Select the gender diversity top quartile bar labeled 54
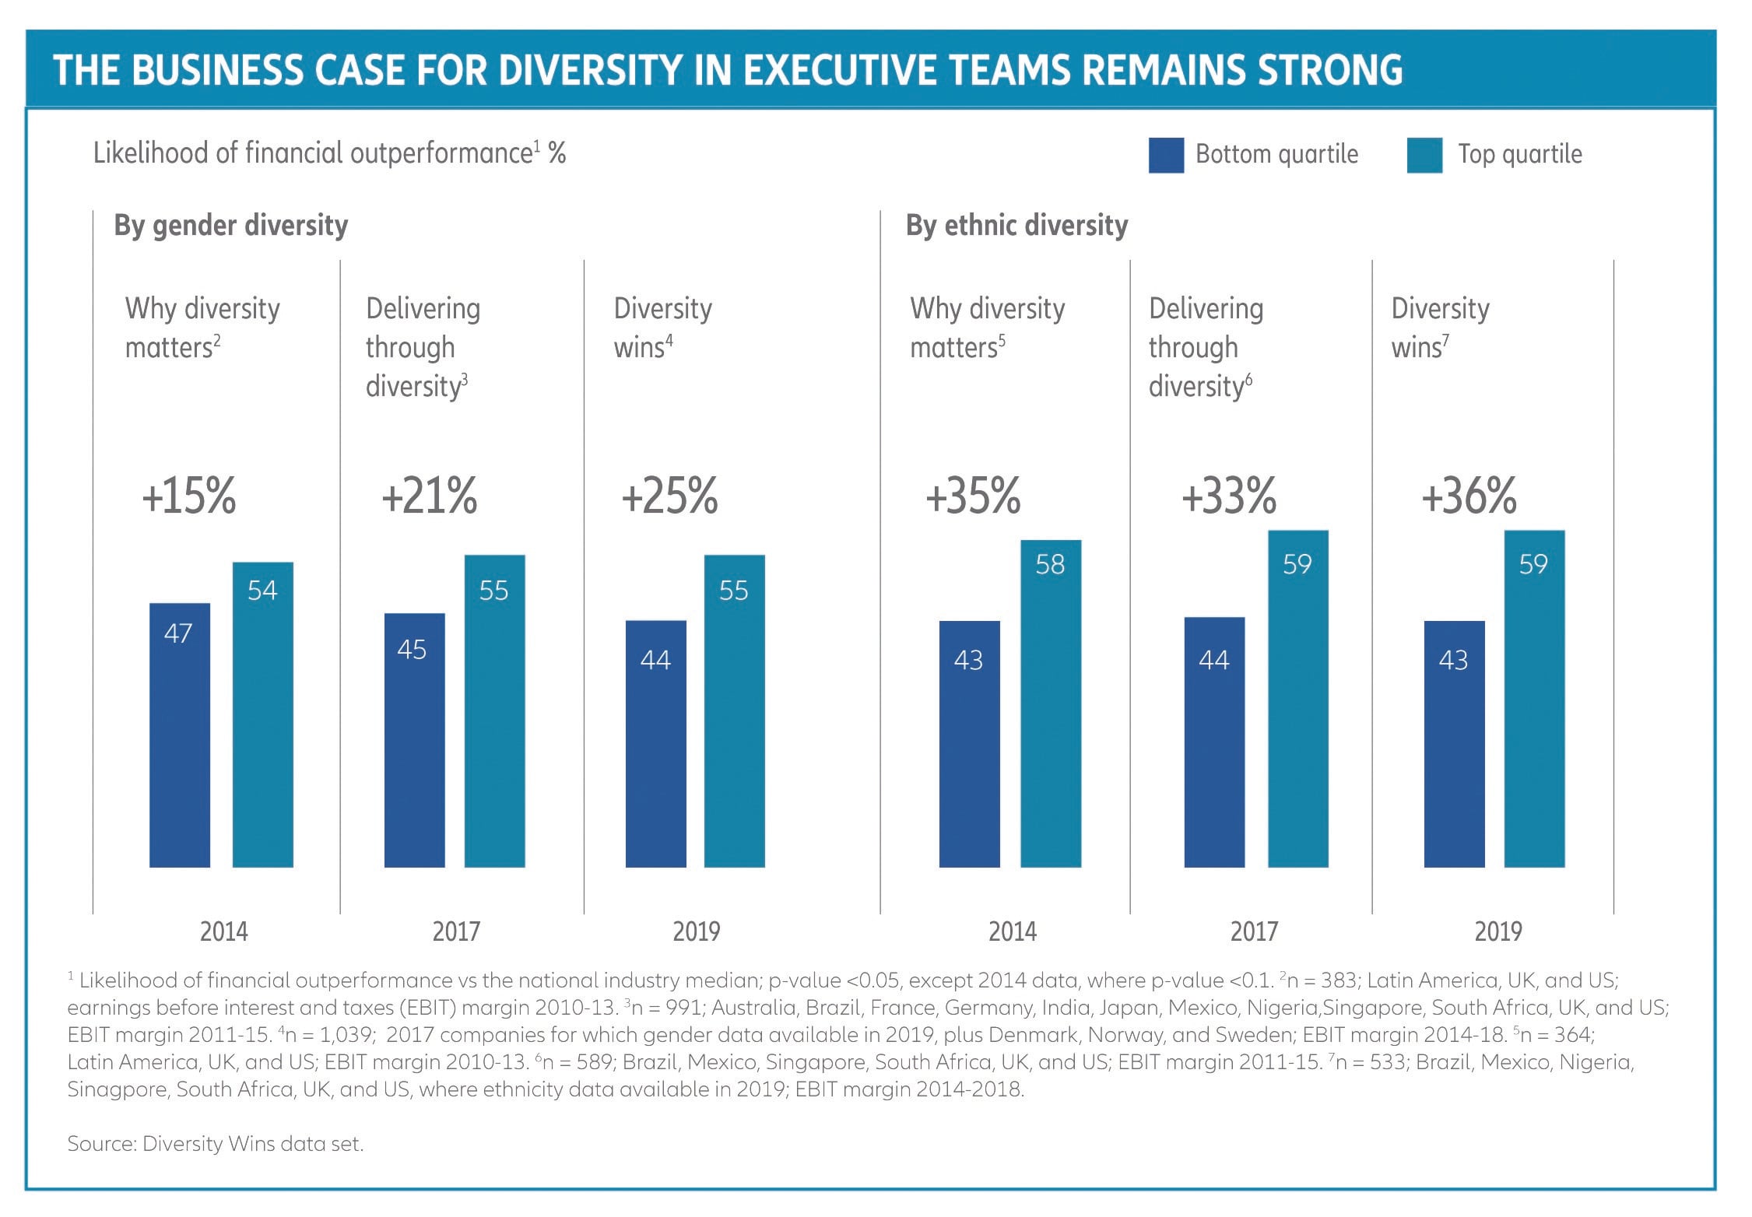pyautogui.click(x=263, y=714)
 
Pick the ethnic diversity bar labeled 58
pyautogui.click(x=1050, y=703)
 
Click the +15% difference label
pyautogui.click(x=189, y=496)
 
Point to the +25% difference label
pyautogui.click(x=669, y=496)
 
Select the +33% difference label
pyautogui.click(x=1229, y=496)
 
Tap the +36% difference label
pyautogui.click(x=1469, y=496)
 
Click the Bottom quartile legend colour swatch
pyautogui.click(x=1165, y=155)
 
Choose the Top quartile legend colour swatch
pyautogui.click(x=1424, y=155)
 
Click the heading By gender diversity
pyautogui.click(x=231, y=226)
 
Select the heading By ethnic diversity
pyautogui.click(x=1016, y=226)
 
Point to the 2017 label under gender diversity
pyautogui.click(x=456, y=931)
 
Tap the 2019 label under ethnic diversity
pyautogui.click(x=1498, y=931)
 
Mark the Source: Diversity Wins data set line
pyautogui.click(x=216, y=1143)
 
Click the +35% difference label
pyautogui.click(x=973, y=496)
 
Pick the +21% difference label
pyautogui.click(x=429, y=496)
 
